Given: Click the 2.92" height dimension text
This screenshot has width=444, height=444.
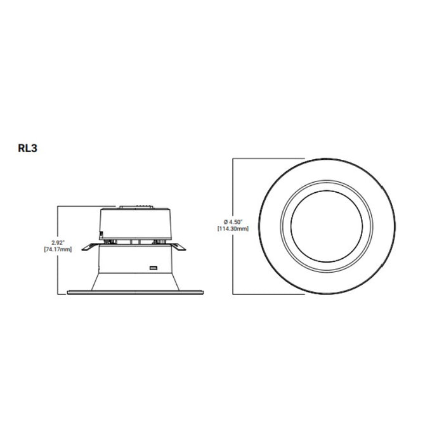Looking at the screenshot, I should click(58, 242).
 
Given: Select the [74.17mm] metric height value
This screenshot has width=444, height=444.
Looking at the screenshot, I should click(58, 249).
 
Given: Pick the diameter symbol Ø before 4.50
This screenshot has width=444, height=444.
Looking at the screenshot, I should click(218, 221).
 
